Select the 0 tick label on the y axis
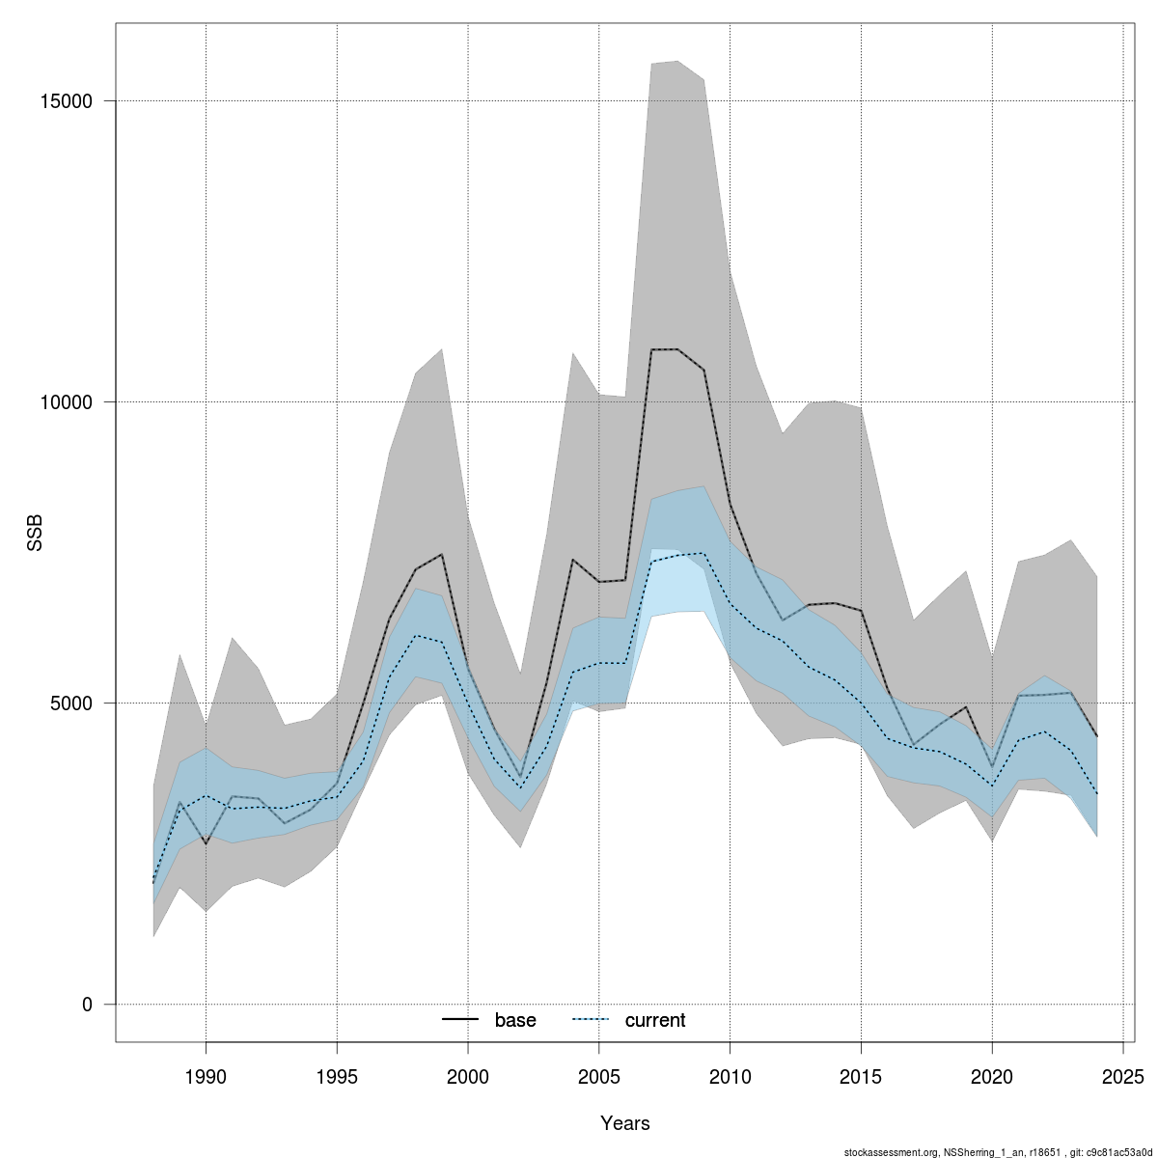pos(87,1005)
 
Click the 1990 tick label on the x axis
pos(206,1075)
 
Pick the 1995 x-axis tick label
pos(337,1075)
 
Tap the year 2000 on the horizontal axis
pos(468,1075)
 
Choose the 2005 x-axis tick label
pos(599,1075)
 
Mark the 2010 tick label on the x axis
pos(731,1075)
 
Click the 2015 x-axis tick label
pos(861,1075)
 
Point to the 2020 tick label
pos(992,1075)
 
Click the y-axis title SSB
pos(35,534)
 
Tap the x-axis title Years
pos(625,1123)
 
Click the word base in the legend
pos(515,1020)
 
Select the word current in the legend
pos(655,1020)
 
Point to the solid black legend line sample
pos(461,1020)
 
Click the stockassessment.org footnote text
pos(999,1151)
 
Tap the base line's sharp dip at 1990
pos(206,843)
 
